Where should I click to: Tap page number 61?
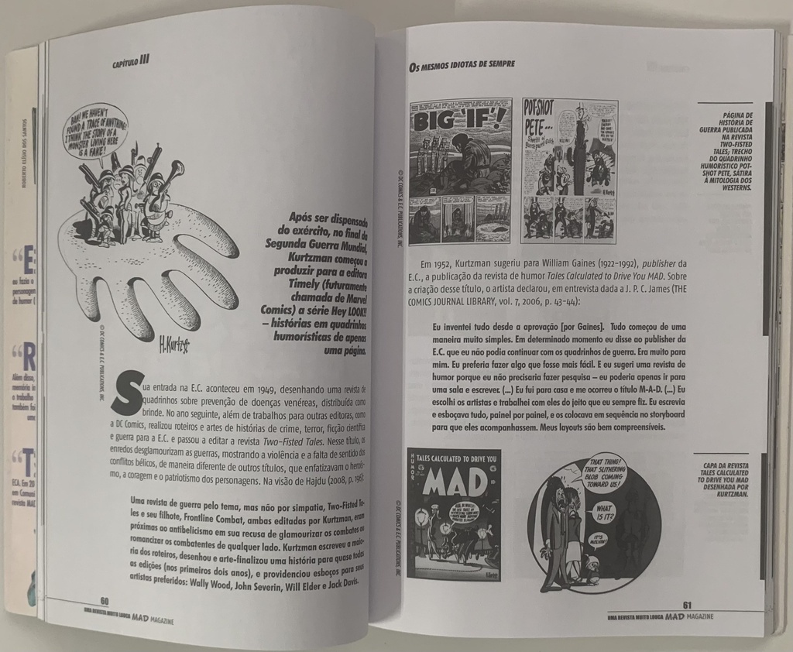[x=687, y=605]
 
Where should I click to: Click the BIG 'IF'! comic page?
[x=460, y=170]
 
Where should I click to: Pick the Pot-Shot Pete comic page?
[x=569, y=170]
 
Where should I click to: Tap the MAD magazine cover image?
[x=454, y=514]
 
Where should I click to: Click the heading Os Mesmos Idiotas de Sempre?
[x=462, y=64]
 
